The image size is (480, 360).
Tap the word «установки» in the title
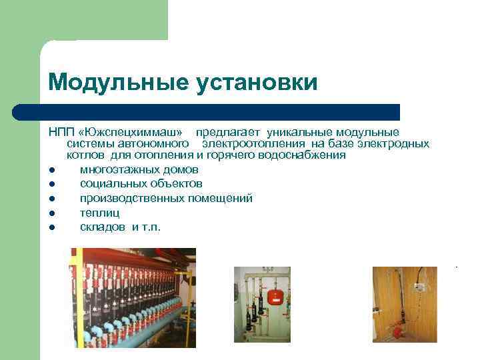coord(257,83)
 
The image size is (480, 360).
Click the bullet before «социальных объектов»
coord(51,183)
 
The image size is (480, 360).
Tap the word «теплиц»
coord(99,213)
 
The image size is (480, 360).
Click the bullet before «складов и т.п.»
coord(51,227)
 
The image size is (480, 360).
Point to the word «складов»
coord(103,227)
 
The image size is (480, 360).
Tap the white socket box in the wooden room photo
coord(421,287)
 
